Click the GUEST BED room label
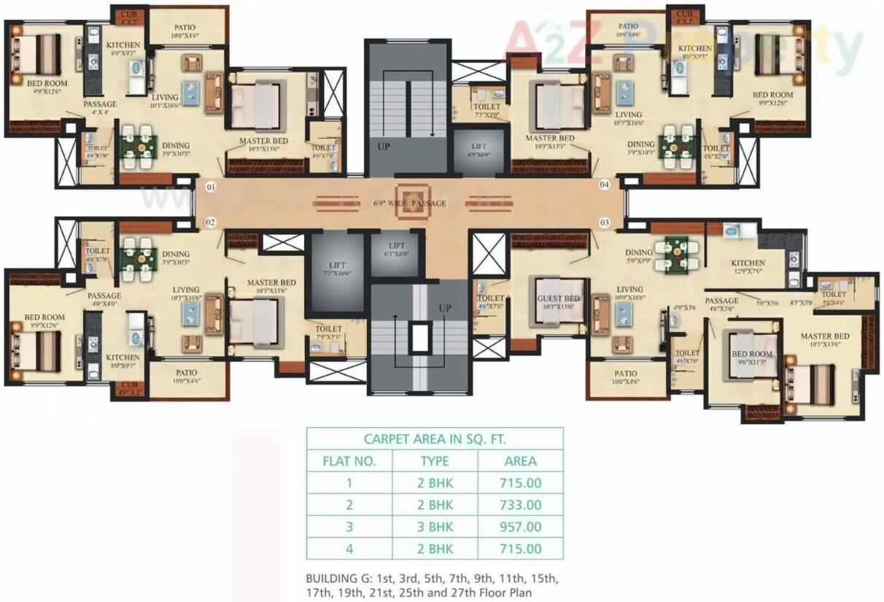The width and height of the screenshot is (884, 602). point(558,299)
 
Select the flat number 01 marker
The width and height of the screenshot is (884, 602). point(211,188)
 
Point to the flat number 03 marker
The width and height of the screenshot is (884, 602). point(604,221)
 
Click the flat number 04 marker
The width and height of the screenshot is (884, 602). point(604,185)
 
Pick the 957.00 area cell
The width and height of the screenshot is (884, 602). point(520,526)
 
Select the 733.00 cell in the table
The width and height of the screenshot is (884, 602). point(520,504)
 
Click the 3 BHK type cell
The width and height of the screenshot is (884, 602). point(435,526)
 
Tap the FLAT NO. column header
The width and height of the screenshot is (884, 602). point(349,460)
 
